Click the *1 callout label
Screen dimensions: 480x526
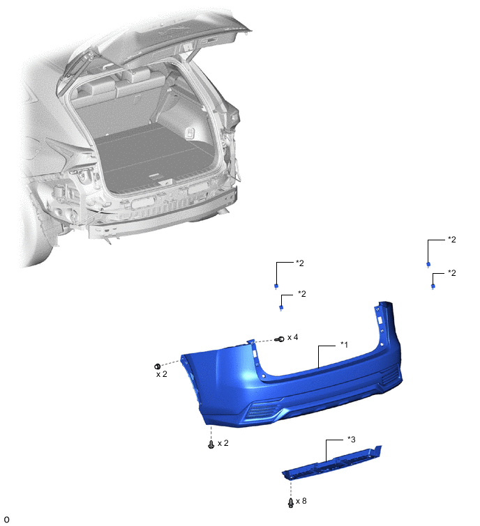344,345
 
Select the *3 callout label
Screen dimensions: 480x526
352,439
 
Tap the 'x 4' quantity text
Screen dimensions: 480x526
292,337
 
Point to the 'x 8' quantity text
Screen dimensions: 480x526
301,501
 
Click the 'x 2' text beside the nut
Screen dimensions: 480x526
162,374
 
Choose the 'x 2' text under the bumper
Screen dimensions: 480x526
223,443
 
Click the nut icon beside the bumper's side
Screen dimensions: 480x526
157,366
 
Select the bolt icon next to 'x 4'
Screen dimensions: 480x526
280,339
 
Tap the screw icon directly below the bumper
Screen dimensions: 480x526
211,444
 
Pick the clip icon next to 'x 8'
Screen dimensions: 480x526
291,502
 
